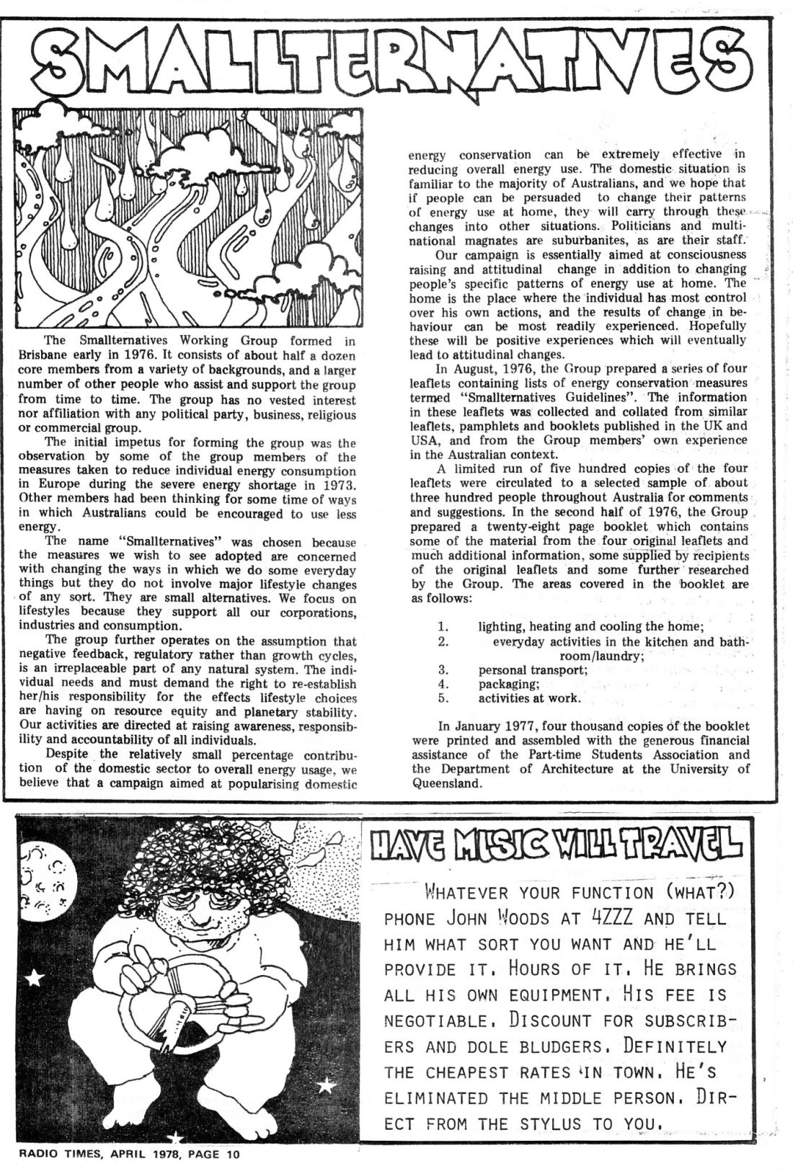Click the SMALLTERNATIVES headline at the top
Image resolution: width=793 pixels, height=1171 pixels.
point(396,61)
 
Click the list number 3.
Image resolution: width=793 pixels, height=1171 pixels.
point(444,669)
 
